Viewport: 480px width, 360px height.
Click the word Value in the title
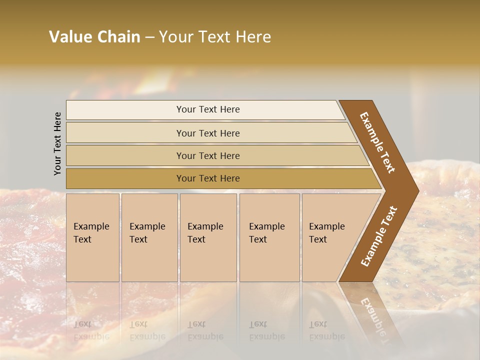point(69,37)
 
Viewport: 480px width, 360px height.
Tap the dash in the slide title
point(149,37)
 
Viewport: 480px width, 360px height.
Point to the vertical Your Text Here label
point(57,143)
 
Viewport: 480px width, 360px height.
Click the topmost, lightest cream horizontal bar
point(207,109)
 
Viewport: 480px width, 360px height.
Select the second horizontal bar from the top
point(207,133)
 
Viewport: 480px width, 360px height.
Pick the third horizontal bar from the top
point(207,155)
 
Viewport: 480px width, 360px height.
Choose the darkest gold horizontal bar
point(207,178)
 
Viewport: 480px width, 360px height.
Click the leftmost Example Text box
point(92,237)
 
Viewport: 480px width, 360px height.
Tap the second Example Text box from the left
point(149,237)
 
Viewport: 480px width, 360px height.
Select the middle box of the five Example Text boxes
point(208,237)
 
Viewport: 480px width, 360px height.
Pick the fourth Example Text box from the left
point(269,237)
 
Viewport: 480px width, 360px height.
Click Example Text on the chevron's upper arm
point(377,142)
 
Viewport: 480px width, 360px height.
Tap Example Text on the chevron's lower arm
point(378,236)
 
